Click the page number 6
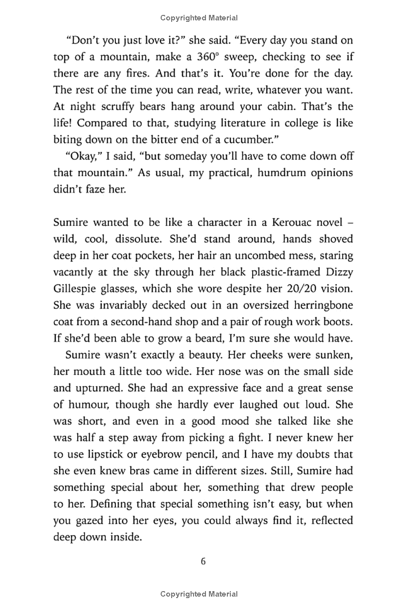point(203,562)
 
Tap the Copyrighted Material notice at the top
point(199,18)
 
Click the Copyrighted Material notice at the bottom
point(199,594)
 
